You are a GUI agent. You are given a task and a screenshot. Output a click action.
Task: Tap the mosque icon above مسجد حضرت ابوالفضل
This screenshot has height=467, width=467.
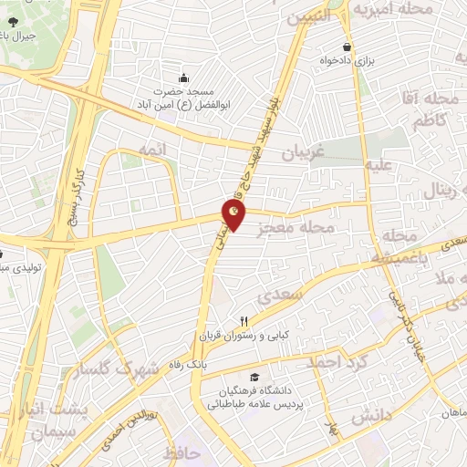coord(184,78)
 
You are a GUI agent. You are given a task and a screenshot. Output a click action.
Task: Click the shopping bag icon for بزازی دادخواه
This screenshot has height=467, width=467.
coord(347,47)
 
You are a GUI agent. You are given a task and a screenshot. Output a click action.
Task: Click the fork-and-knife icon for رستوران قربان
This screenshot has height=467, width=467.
coord(244,320)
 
